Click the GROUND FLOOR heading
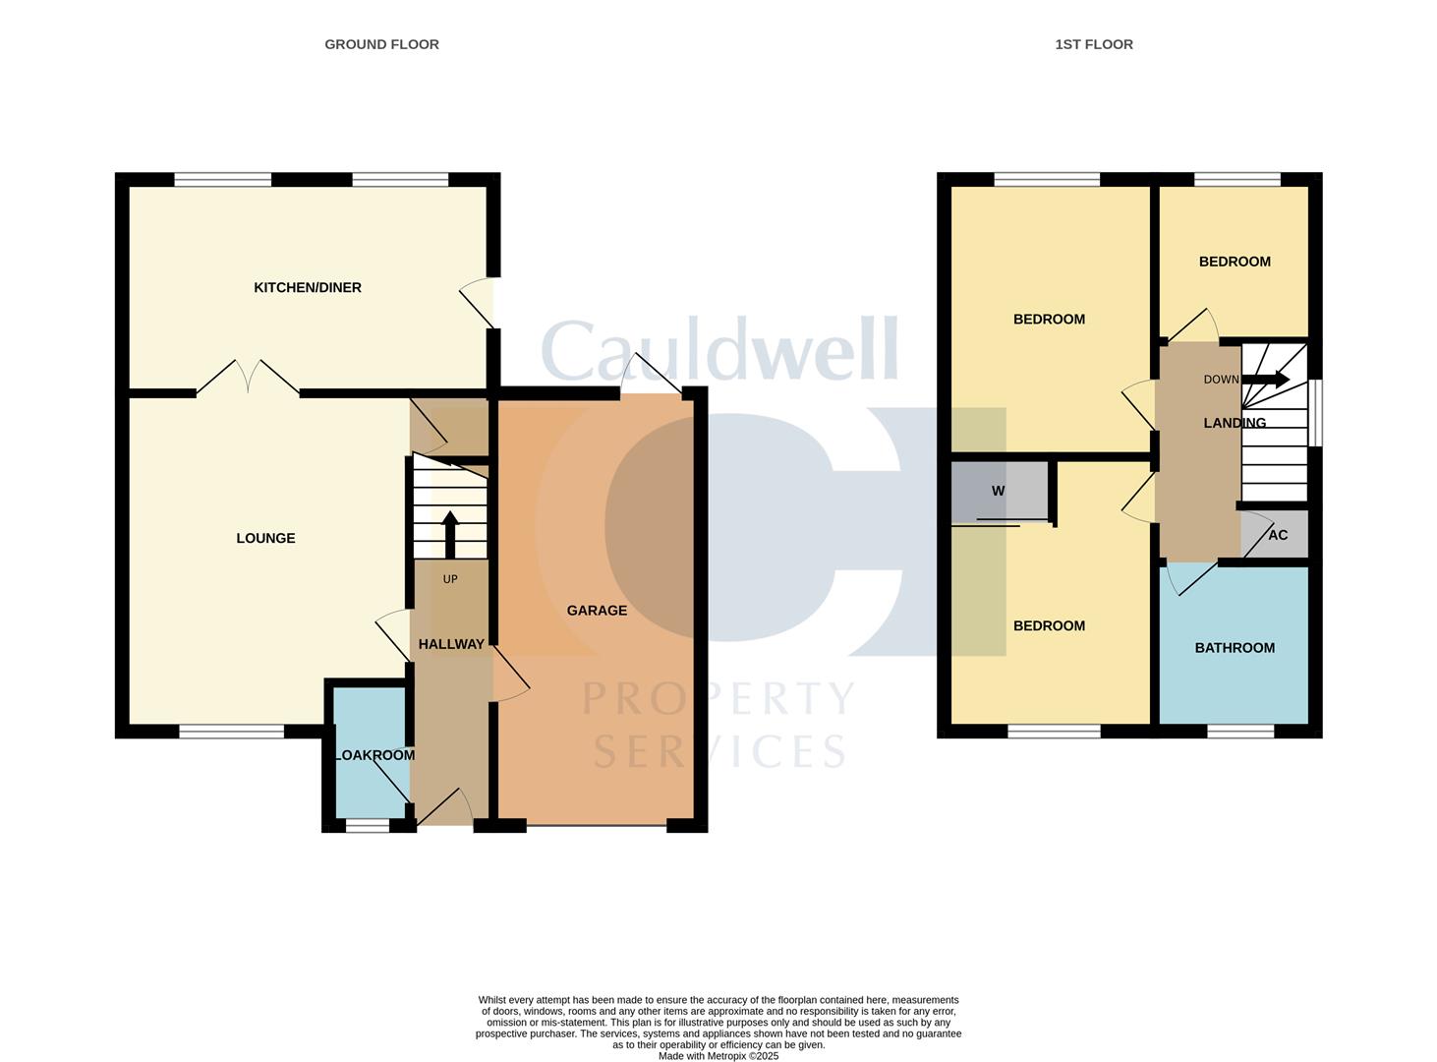[x=381, y=44]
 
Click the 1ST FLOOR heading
[x=1094, y=44]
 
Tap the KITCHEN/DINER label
[x=307, y=287]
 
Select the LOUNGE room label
[x=265, y=538]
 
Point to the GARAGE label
[x=597, y=610]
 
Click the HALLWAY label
[x=451, y=644]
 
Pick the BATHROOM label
[x=1235, y=648]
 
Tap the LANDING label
[x=1235, y=423]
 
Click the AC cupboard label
[x=1278, y=535]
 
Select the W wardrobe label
[x=998, y=491]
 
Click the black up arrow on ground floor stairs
[x=449, y=534]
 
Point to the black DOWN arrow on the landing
[x=1265, y=380]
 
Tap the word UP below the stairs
[x=449, y=579]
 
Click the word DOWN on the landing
[x=1221, y=380]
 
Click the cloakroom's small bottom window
[x=368, y=825]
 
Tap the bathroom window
[x=1240, y=732]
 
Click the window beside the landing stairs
[x=1315, y=412]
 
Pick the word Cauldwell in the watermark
[x=719, y=348]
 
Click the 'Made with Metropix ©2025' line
[x=718, y=1055]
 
